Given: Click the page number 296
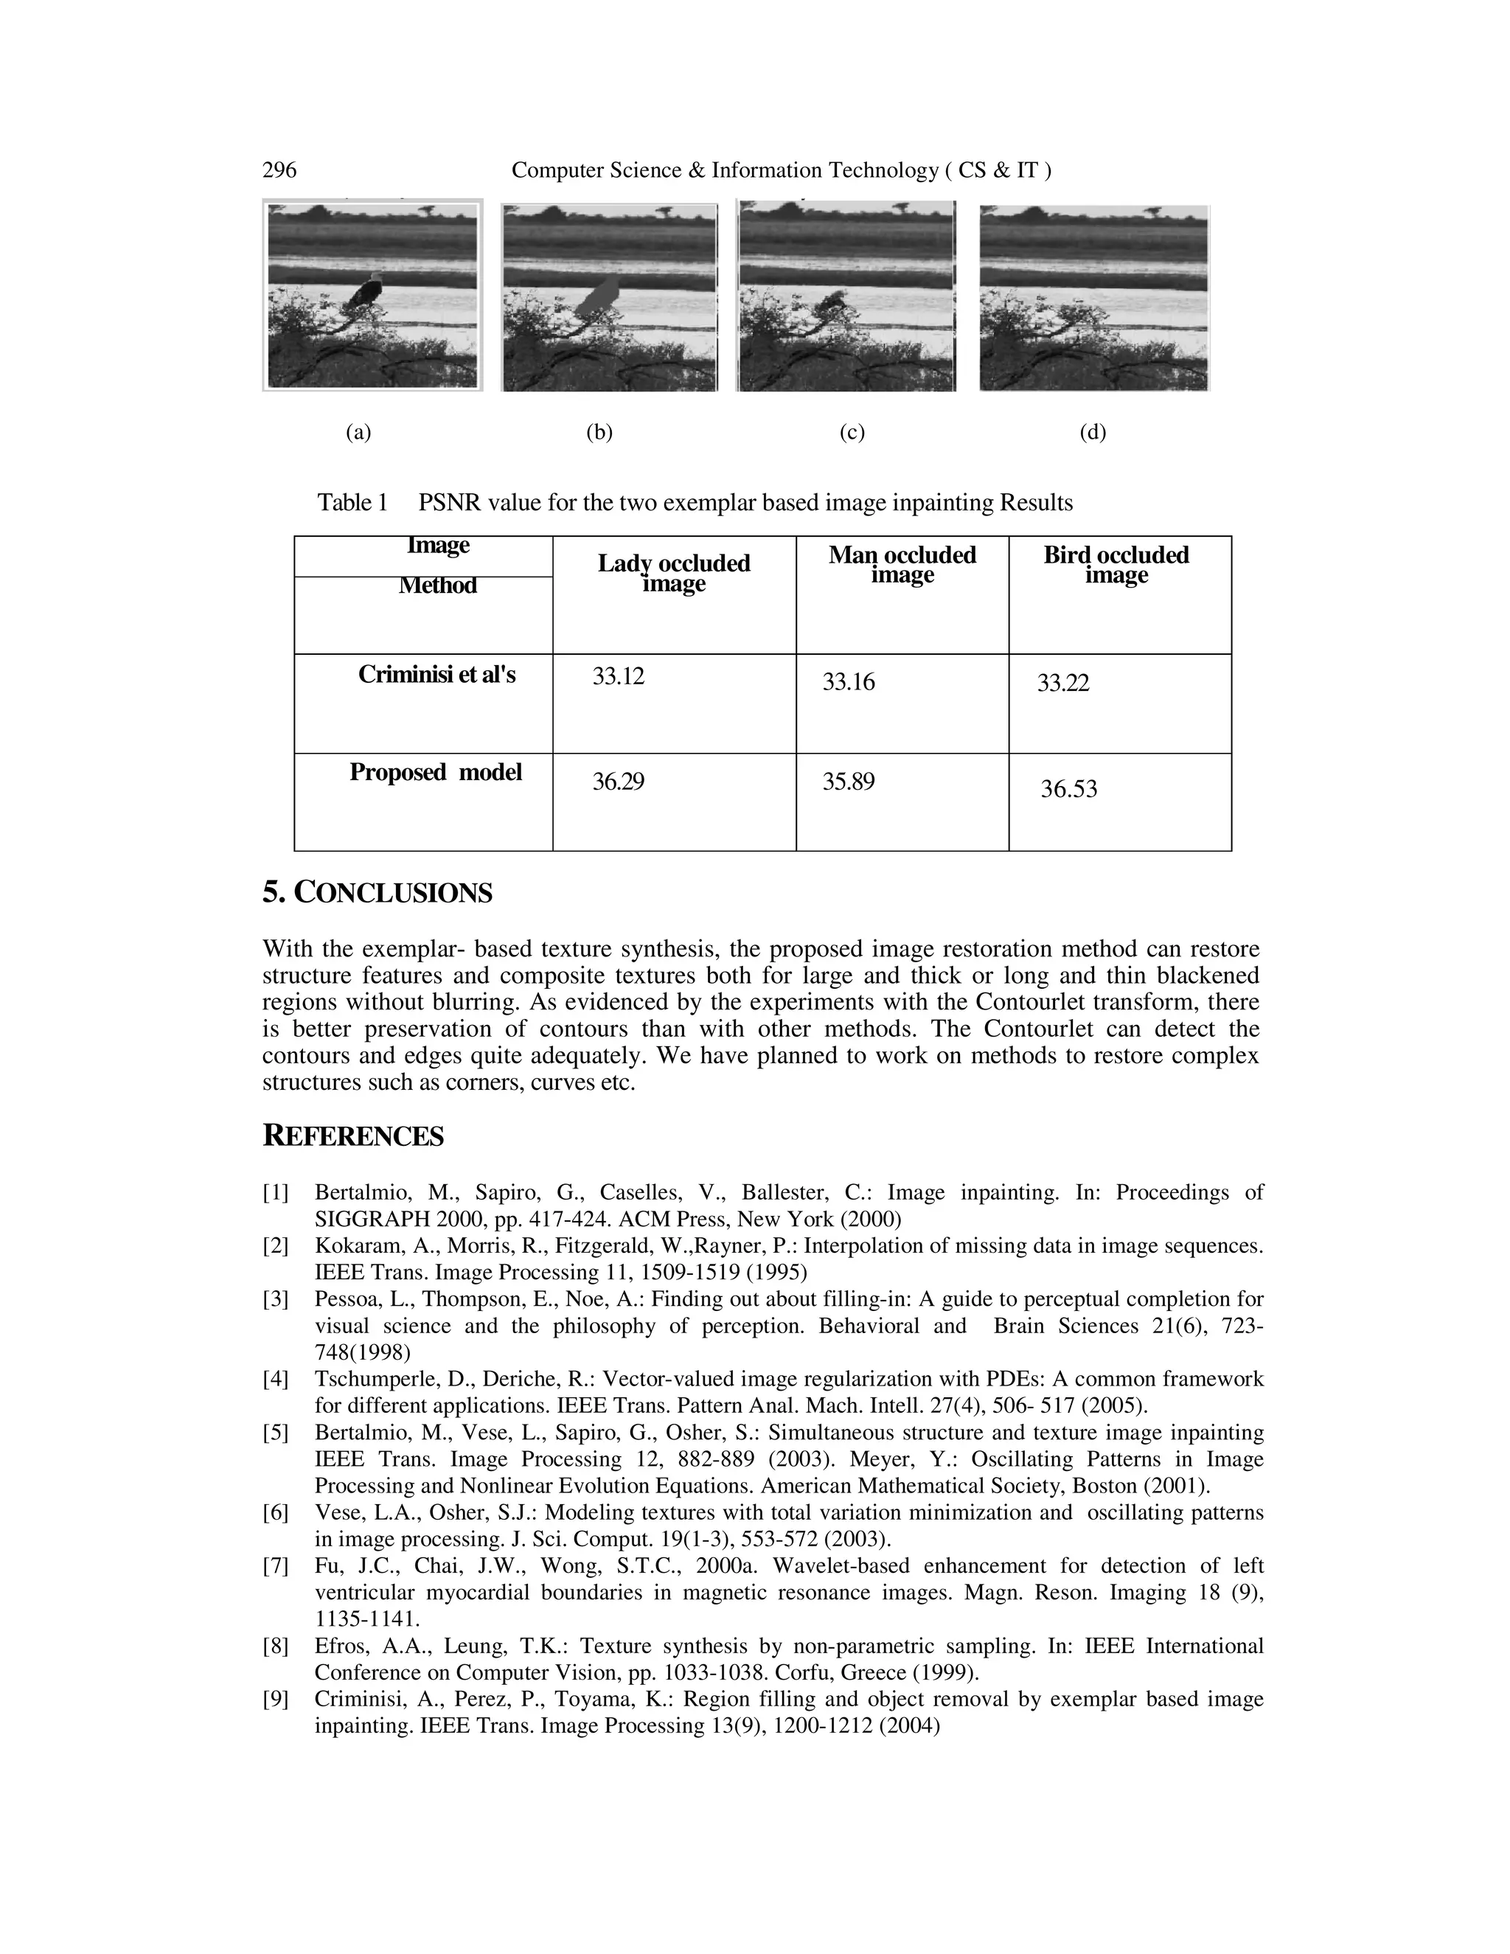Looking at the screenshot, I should click(x=279, y=170).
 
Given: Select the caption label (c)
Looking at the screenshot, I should click(x=852, y=433).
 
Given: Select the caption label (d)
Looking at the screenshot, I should click(x=1092, y=433).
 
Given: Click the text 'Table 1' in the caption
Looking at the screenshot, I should click(x=352, y=503).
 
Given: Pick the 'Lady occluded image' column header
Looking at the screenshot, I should click(x=674, y=573).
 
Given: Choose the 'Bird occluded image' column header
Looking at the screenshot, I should click(x=1116, y=565).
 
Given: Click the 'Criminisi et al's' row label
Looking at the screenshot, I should click(x=436, y=675).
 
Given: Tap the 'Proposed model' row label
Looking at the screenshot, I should click(x=435, y=772).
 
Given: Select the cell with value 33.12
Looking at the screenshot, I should click(x=618, y=676).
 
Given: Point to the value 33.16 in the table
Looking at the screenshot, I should click(x=848, y=684).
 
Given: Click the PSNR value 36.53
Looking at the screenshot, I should click(x=1068, y=789).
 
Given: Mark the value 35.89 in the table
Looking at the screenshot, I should click(x=848, y=782).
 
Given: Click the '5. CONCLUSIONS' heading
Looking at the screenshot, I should click(x=377, y=893).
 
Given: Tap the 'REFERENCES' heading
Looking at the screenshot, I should click(x=352, y=1136).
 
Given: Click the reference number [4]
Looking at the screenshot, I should click(x=276, y=1380).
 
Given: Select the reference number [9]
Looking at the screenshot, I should click(x=276, y=1700).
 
